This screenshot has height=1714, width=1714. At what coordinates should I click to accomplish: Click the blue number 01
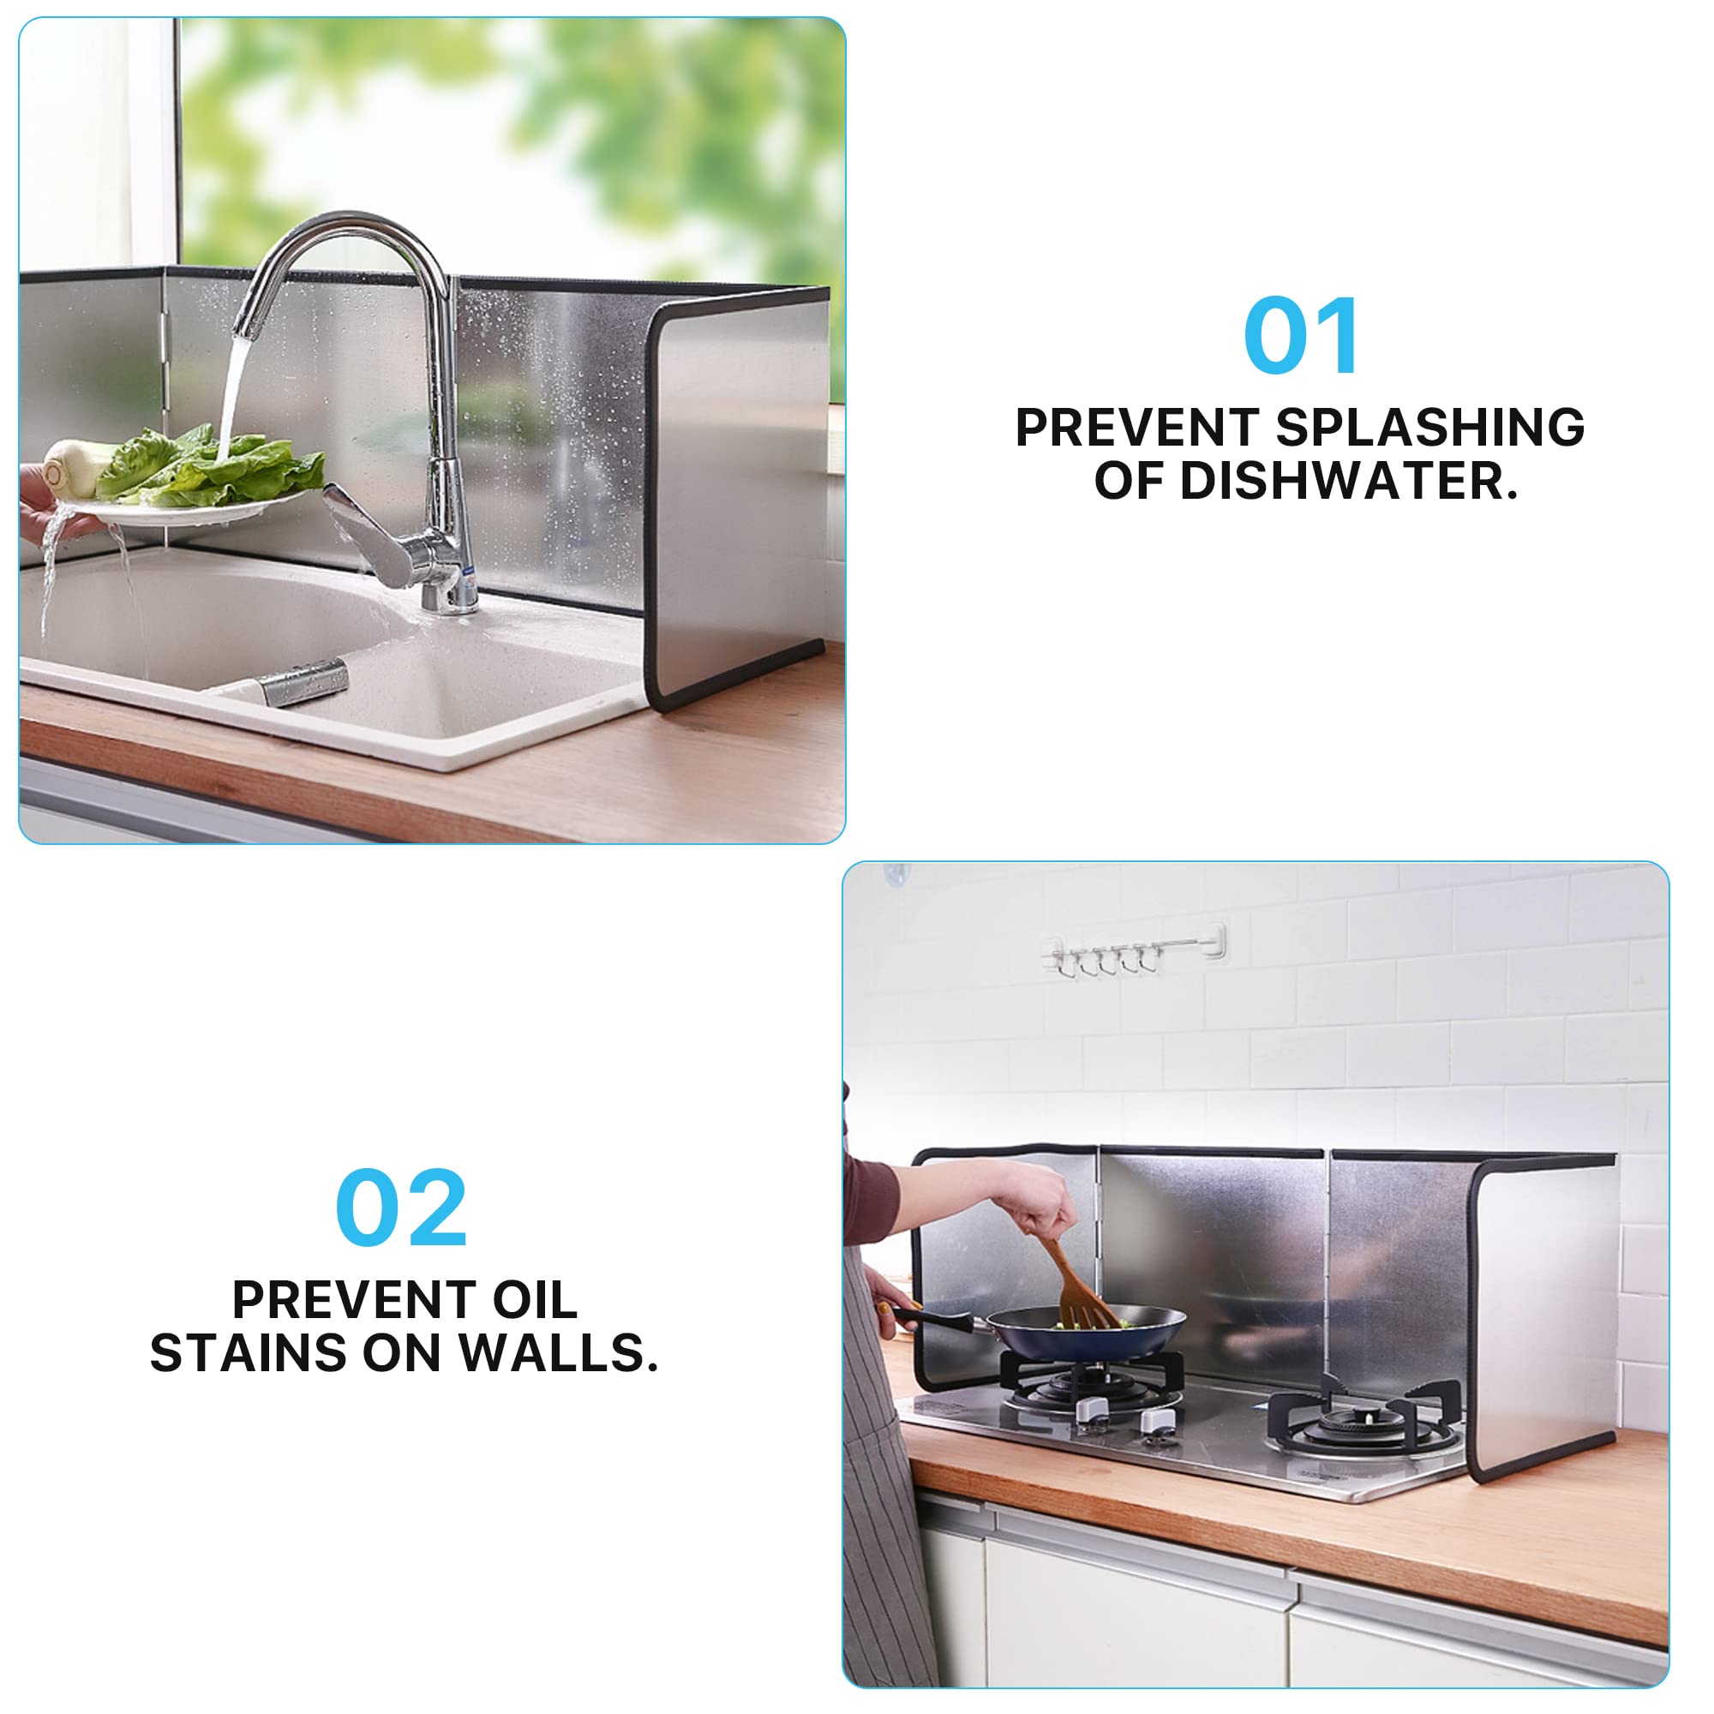point(1301,336)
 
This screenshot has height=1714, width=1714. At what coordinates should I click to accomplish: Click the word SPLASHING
point(1430,428)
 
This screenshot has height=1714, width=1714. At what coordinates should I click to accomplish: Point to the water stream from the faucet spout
point(232,390)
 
